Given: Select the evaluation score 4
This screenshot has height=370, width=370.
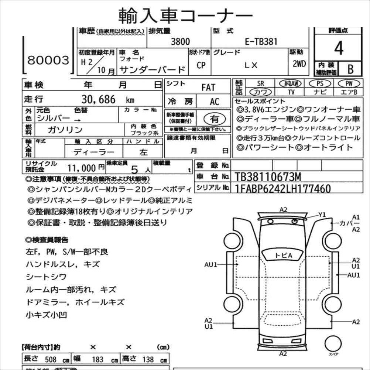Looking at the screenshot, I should pos(338,48).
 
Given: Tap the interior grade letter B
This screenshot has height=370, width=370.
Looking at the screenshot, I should pos(350,69).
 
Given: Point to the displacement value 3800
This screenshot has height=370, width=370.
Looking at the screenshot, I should pos(181,42).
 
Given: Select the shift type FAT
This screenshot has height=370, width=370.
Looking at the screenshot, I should pos(208,88).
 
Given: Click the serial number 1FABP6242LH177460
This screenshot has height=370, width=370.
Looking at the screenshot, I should pos(283,189).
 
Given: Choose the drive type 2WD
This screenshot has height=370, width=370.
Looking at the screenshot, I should pos(299,64).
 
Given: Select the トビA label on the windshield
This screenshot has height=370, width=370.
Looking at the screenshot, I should pos(283,256).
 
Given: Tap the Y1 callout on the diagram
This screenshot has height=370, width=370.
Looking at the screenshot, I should pos(322,215).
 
